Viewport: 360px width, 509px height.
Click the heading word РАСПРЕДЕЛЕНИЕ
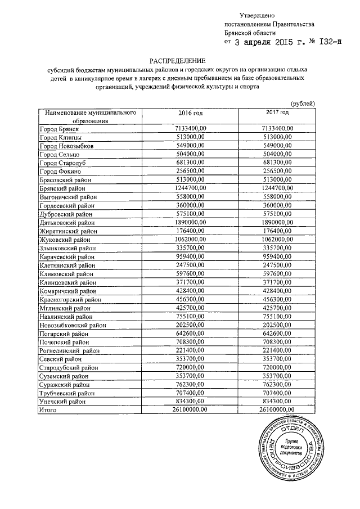coord(178,60)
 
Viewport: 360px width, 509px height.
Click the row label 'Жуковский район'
coord(65,240)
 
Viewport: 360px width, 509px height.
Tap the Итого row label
coord(48,411)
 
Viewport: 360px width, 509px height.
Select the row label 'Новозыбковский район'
coord(73,325)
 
